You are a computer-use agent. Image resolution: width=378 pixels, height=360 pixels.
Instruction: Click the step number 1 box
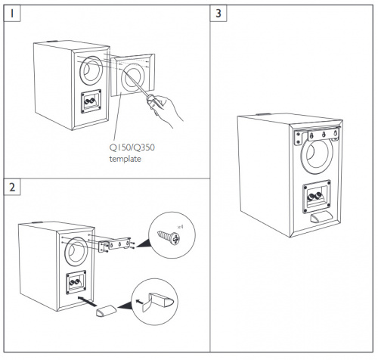(x=12, y=14)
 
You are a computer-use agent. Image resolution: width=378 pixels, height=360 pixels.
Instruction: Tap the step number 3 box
(x=219, y=14)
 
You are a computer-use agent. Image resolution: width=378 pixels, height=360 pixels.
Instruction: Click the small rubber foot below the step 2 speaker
(x=106, y=312)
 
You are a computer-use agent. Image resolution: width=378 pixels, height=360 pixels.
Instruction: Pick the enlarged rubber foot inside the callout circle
(x=158, y=301)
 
